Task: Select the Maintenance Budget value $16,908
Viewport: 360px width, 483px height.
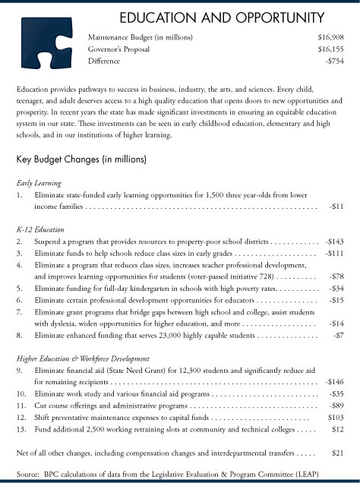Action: pyautogui.click(x=330, y=36)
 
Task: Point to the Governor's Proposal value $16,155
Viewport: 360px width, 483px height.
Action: pyautogui.click(x=330, y=47)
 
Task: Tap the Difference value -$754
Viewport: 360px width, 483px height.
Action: pyautogui.click(x=333, y=59)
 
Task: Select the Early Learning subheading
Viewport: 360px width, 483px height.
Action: pyautogui.click(x=38, y=183)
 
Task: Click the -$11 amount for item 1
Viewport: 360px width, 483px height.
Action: pyautogui.click(x=336, y=206)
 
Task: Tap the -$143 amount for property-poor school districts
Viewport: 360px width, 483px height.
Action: pyautogui.click(x=334, y=241)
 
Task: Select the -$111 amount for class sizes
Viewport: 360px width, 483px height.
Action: pyautogui.click(x=334, y=253)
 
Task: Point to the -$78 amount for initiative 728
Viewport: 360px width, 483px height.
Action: pyautogui.click(x=336, y=277)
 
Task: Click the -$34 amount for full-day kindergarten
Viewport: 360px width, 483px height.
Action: pyautogui.click(x=336, y=289)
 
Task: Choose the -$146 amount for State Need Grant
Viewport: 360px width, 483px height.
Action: pyautogui.click(x=334, y=380)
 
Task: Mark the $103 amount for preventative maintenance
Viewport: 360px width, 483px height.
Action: pyautogui.click(x=335, y=417)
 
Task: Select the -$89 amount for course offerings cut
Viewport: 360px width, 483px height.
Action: pyautogui.click(x=336, y=405)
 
